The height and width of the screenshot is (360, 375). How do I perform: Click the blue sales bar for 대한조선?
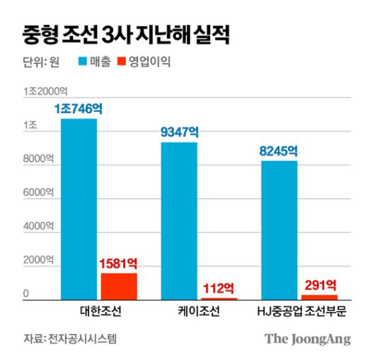coord(79,209)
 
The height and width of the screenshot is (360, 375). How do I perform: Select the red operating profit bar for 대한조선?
coord(119,286)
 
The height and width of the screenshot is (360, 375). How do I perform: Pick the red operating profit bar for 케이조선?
coord(219,298)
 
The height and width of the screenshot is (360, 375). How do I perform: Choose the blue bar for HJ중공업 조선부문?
coord(279,231)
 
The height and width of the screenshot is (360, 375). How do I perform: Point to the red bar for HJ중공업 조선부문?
coord(319,297)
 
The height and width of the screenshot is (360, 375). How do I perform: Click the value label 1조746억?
coord(79,110)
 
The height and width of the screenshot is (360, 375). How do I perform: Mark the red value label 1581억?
coord(119,264)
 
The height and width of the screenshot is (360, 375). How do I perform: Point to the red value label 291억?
coord(320,284)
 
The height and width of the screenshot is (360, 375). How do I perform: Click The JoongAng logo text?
coord(308,339)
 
